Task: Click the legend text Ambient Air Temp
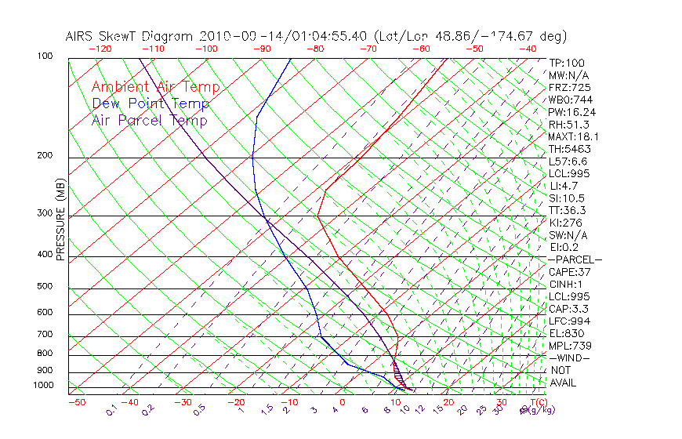155,87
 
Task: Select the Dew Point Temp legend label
151,103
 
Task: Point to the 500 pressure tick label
44,287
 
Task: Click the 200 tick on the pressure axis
44,156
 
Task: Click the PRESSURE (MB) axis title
60,223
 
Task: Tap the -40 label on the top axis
528,49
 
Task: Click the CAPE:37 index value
569,272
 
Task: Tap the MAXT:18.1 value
574,136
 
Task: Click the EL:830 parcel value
566,333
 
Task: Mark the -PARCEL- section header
575,259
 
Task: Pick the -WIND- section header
570,357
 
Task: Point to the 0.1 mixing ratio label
111,409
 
